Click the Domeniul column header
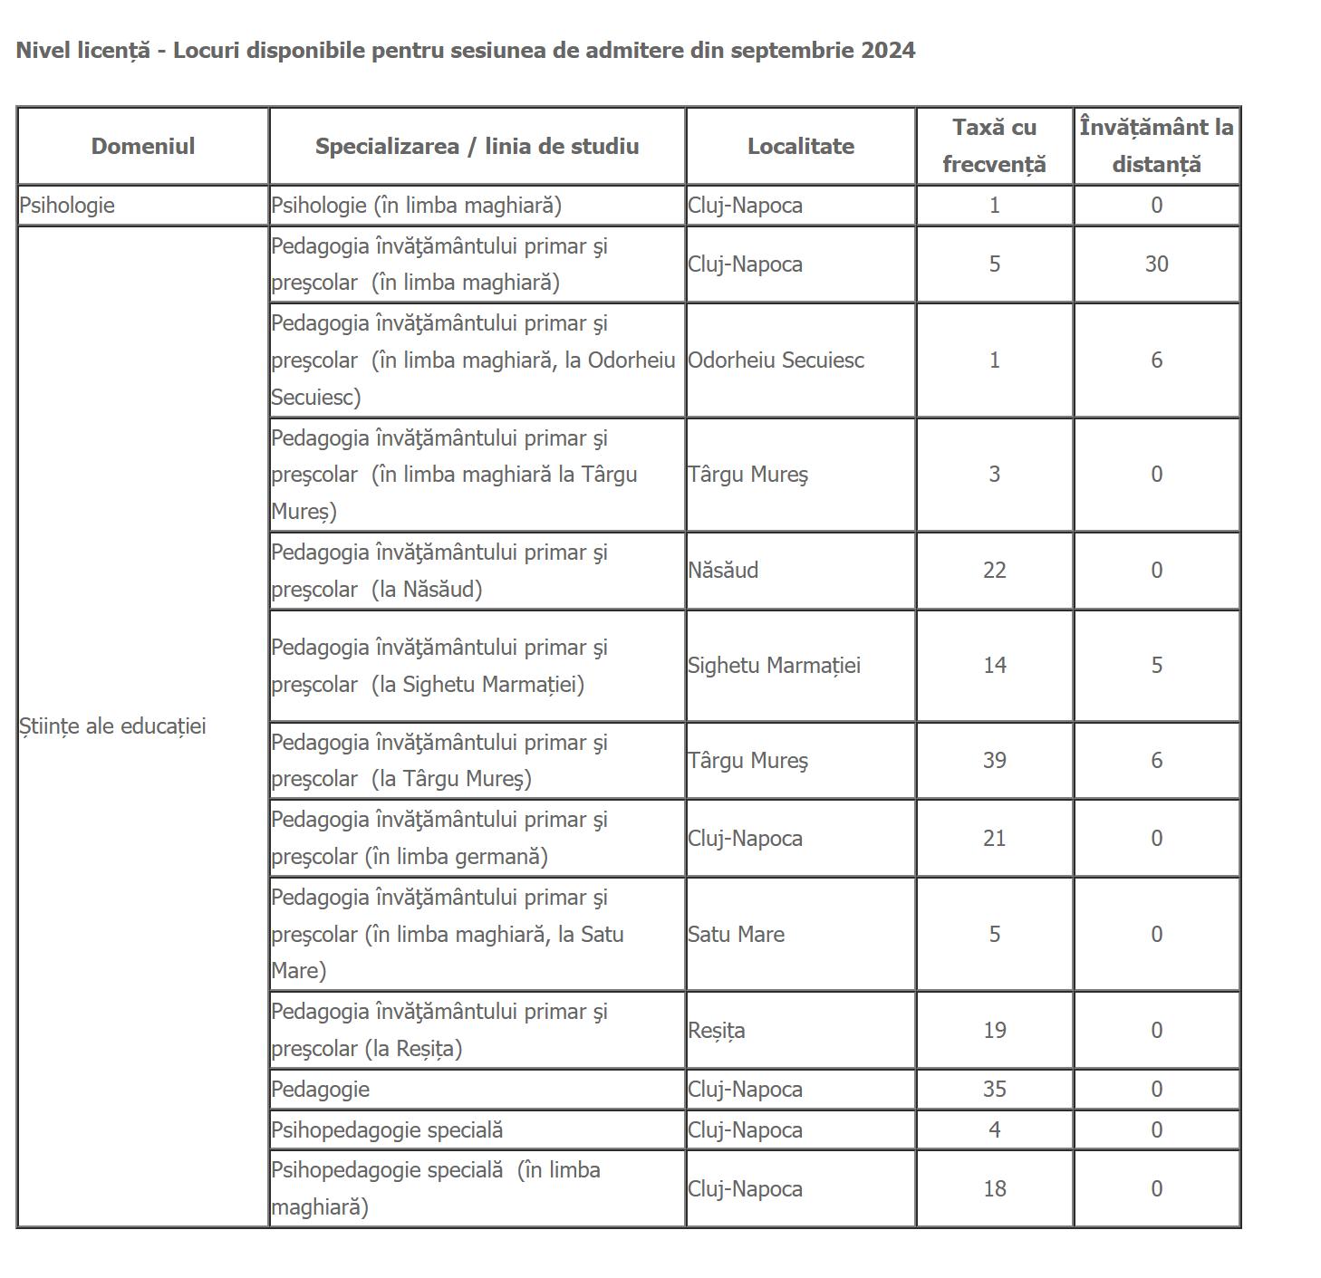(142, 147)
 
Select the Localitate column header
(800, 147)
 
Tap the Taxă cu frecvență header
(994, 146)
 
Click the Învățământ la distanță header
(1156, 146)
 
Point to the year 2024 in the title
(888, 50)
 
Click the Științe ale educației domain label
(112, 726)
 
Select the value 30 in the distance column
(1156, 264)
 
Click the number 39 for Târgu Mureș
(994, 761)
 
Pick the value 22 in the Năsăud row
(994, 571)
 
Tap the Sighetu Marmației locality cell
(774, 666)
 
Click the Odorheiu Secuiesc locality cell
(776, 360)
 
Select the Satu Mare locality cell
(736, 935)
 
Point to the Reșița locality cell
(716, 1031)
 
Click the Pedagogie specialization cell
(320, 1090)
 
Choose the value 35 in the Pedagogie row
(994, 1090)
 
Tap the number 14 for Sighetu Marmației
(994, 666)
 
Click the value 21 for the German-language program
(994, 839)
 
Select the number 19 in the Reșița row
(994, 1031)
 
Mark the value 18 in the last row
(994, 1189)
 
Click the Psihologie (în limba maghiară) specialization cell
(416, 206)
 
